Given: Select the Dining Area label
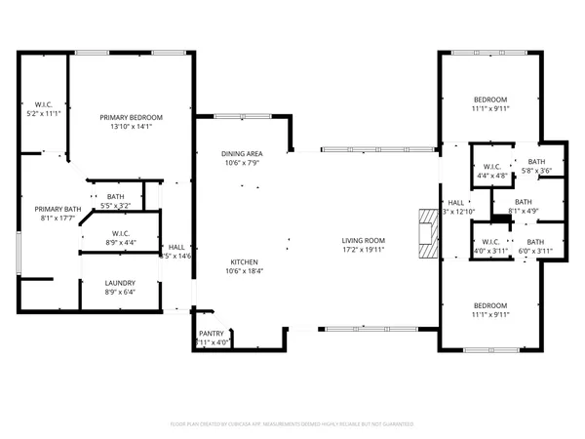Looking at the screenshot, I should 241,153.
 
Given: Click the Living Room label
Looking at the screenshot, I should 363,240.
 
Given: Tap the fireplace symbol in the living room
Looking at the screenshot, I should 425,233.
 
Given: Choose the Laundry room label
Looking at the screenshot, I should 120,282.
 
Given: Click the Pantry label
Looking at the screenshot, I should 212,334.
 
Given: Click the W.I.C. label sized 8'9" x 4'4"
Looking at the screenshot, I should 122,233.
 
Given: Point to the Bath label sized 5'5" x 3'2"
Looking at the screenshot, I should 116,197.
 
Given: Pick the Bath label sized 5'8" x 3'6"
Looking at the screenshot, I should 536,162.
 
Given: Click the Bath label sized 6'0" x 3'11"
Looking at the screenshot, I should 535,242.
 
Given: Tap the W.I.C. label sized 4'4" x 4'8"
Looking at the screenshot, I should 490,167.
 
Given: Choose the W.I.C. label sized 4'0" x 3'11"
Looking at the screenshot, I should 490,242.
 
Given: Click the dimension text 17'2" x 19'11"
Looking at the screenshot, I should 363,250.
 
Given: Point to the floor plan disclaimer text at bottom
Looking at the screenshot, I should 292,424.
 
